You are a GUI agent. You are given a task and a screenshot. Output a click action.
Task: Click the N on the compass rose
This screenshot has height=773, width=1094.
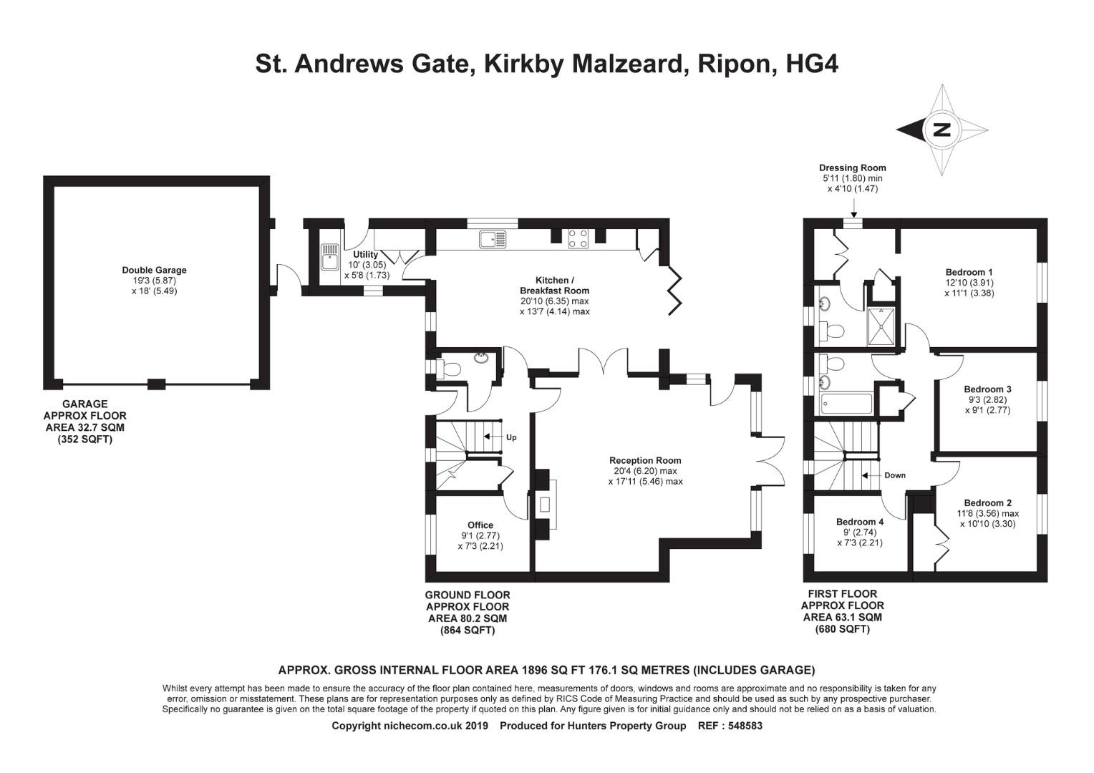click(941, 130)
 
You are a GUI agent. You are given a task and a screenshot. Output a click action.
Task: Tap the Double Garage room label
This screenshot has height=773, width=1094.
click(154, 270)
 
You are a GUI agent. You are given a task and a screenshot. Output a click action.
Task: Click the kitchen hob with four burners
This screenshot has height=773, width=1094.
click(579, 238)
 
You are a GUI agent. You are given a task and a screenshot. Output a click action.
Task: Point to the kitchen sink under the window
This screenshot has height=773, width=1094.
click(493, 239)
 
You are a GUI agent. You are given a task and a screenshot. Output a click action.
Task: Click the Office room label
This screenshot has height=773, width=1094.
click(480, 525)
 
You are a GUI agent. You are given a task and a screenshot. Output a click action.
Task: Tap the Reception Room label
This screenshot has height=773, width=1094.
click(645, 460)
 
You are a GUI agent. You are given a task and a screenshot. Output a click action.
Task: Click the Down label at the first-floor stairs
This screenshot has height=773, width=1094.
click(894, 475)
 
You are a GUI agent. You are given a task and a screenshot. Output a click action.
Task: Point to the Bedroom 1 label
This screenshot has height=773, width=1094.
click(969, 272)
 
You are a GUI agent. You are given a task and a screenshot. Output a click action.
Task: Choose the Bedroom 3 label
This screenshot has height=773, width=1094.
click(987, 389)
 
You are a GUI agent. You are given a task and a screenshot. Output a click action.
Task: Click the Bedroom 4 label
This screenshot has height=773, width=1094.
click(860, 522)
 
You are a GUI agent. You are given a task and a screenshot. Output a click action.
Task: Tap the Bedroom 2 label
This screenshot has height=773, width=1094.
click(987, 503)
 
